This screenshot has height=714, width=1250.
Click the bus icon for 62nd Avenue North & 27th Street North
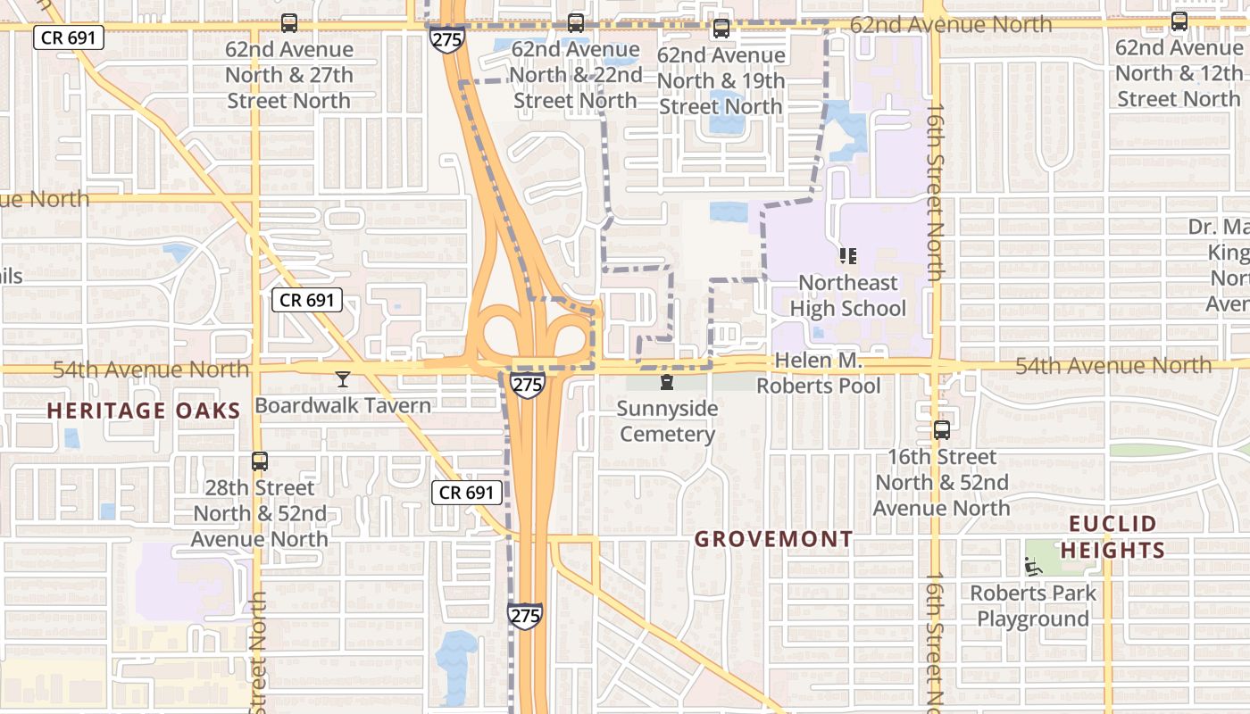tap(288, 23)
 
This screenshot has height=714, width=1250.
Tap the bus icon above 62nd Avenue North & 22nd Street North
tap(576, 23)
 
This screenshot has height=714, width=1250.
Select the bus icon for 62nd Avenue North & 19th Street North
tap(721, 29)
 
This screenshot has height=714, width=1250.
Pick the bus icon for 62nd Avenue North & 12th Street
tap(1179, 21)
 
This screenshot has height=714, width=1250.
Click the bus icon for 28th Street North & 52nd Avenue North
tap(259, 461)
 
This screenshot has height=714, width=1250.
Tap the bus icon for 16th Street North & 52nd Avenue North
tap(941, 430)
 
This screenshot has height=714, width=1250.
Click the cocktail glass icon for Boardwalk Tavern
tap(342, 379)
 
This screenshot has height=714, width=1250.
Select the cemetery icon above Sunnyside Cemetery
tap(666, 383)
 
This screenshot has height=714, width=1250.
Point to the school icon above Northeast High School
tap(847, 257)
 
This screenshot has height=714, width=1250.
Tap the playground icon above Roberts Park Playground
tap(1033, 566)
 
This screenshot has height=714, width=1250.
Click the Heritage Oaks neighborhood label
tap(144, 411)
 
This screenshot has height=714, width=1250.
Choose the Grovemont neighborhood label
tap(773, 539)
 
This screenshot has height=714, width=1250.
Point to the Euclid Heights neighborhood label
tap(1112, 536)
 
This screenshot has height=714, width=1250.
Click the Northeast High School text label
tap(847, 295)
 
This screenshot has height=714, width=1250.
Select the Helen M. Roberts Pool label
tap(819, 373)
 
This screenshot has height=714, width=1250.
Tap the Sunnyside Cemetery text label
tap(667, 421)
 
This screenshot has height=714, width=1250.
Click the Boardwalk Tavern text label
tap(343, 405)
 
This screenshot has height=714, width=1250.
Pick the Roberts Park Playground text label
tap(1033, 606)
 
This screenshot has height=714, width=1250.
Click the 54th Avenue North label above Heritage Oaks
tap(151, 369)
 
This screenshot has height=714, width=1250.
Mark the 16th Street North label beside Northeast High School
tap(935, 191)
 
